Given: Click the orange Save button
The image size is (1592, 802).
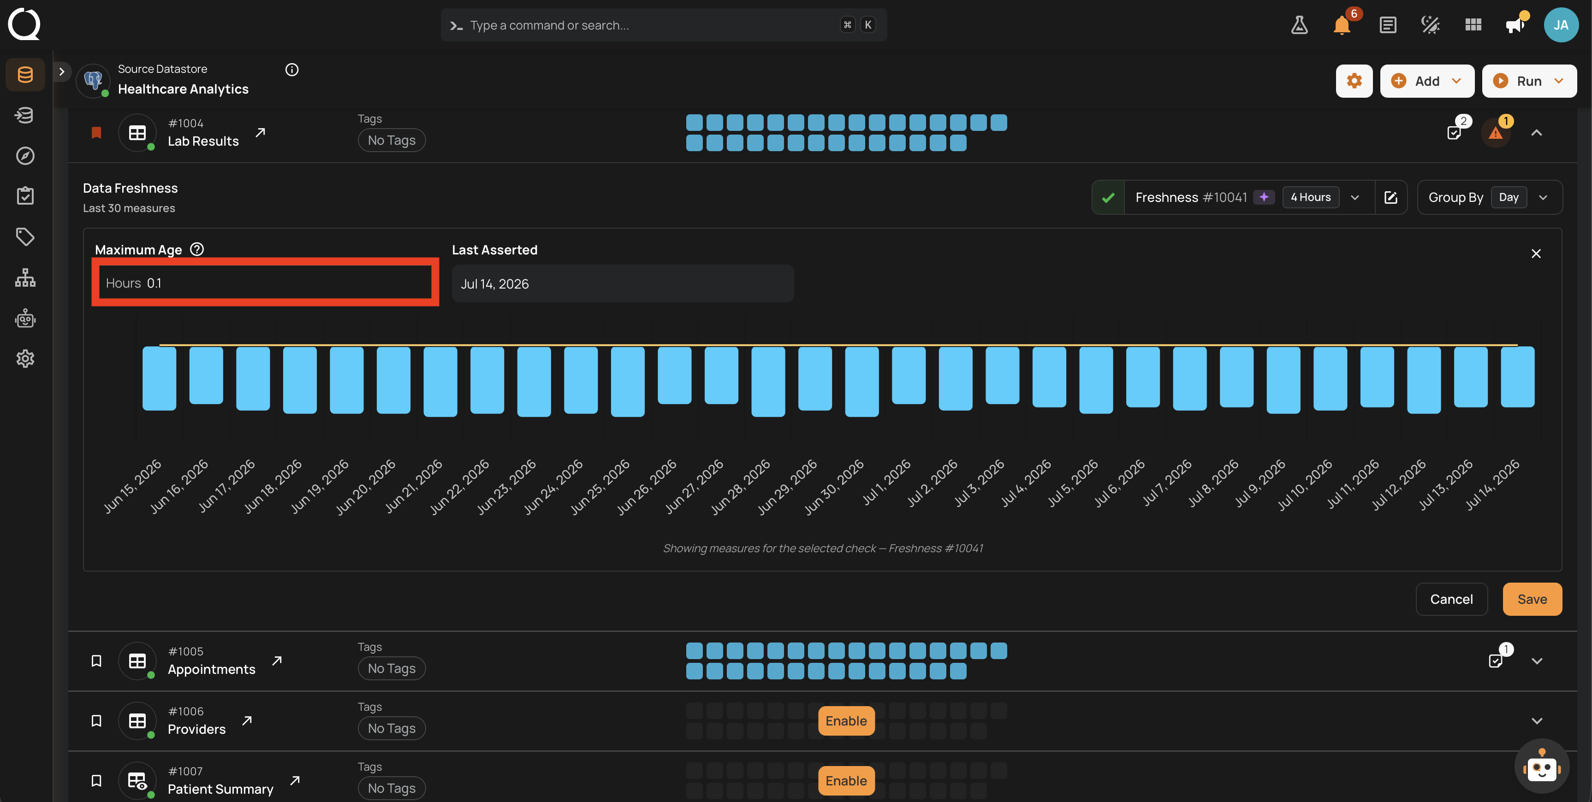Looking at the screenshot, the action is tap(1532, 599).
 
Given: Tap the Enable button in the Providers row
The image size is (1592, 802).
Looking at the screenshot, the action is tap(846, 720).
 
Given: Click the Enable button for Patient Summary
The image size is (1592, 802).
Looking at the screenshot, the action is tap(846, 780).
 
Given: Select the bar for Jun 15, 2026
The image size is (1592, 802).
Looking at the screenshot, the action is tap(160, 378).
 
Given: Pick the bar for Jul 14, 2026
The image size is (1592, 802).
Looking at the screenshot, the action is tap(1517, 377).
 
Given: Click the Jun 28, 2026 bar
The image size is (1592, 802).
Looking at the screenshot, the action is tap(768, 381).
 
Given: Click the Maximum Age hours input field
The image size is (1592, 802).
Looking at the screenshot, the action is tap(265, 283).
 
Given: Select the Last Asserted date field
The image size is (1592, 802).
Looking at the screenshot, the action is tap(622, 283).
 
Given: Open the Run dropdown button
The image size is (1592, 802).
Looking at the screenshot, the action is tap(1529, 81).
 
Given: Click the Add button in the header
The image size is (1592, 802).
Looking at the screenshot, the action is tap(1426, 81).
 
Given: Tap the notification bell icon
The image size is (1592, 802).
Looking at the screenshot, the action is tap(1342, 25).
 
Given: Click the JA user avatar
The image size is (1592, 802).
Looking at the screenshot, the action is tap(1561, 25).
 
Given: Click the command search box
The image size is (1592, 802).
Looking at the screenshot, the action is tap(664, 25).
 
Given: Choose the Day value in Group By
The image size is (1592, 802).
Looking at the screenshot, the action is tap(1509, 197).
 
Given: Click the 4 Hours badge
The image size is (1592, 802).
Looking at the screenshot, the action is tap(1310, 197).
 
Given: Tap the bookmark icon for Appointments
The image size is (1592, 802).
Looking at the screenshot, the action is tap(96, 660).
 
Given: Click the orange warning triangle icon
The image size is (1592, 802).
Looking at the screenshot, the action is tap(1495, 133).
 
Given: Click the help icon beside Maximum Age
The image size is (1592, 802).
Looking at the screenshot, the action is tap(196, 249).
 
